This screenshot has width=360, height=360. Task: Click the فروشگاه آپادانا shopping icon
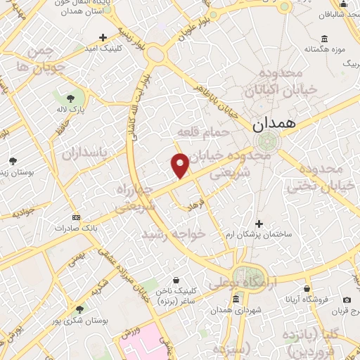(307, 288)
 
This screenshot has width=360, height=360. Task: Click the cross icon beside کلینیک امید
(103, 37)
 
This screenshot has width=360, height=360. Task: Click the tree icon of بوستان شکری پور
(79, 309)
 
